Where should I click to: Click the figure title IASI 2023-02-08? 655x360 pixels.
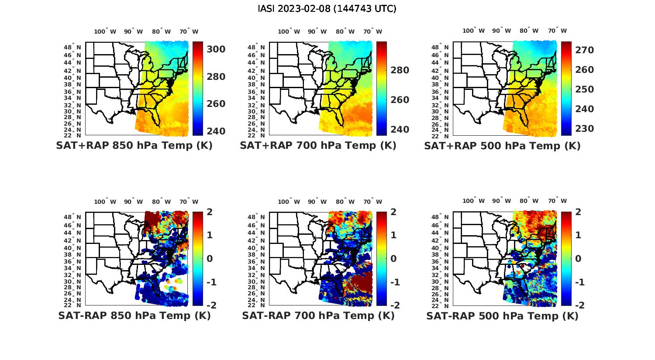pyautogui.click(x=327, y=9)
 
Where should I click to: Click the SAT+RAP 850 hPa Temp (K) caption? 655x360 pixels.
pyautogui.click(x=134, y=146)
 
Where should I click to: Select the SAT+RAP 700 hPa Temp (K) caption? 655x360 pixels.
pyautogui.click(x=318, y=146)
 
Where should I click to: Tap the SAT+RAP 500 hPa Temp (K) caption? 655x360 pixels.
pyautogui.click(x=502, y=146)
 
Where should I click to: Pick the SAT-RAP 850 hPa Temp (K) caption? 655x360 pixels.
pyautogui.click(x=134, y=315)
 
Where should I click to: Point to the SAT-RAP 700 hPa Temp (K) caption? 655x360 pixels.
pyautogui.click(x=318, y=315)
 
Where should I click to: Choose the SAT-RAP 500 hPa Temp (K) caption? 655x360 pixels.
pyautogui.click(x=502, y=315)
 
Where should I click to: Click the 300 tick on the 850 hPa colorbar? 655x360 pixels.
pyautogui.click(x=216, y=49)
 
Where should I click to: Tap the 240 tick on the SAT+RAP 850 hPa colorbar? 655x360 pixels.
pyautogui.click(x=216, y=131)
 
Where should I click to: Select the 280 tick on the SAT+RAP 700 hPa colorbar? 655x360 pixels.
pyautogui.click(x=400, y=70)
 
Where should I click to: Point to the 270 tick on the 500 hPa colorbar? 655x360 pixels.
pyautogui.click(x=584, y=50)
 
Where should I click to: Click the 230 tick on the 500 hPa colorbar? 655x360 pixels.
pyautogui.click(x=584, y=129)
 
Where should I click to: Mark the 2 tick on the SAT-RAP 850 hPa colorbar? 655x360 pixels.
pyautogui.click(x=210, y=212)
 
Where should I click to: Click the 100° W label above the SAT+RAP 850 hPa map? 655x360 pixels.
pyautogui.click(x=105, y=31)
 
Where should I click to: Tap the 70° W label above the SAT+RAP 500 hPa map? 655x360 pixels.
pyautogui.click(x=557, y=31)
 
